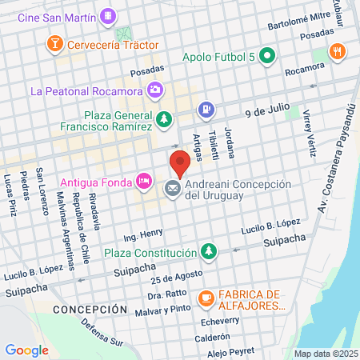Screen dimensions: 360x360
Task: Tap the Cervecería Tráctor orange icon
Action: [55, 42]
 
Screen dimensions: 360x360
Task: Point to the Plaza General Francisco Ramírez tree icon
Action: [163, 119]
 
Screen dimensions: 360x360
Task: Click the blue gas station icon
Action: [206, 108]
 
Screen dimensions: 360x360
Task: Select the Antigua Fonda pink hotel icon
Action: [143, 180]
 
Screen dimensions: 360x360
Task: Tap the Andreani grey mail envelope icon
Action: [172, 189]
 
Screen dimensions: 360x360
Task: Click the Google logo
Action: [26, 350]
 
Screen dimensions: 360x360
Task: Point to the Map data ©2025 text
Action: [326, 354]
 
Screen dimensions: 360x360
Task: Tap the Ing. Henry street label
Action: [142, 235]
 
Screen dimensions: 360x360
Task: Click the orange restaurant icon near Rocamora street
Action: [339, 51]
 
